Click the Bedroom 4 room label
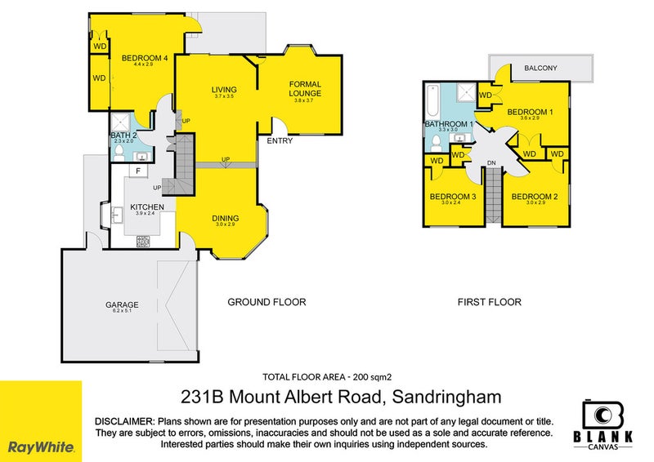click(145, 58)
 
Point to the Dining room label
click(226, 218)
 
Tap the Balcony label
click(540, 69)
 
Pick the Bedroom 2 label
click(529, 197)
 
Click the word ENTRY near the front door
click(280, 141)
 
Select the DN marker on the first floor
click(491, 162)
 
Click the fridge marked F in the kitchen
click(138, 171)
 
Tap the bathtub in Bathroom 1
click(432, 102)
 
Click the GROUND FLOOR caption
click(267, 302)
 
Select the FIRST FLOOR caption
click(488, 302)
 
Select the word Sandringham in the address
click(446, 398)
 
